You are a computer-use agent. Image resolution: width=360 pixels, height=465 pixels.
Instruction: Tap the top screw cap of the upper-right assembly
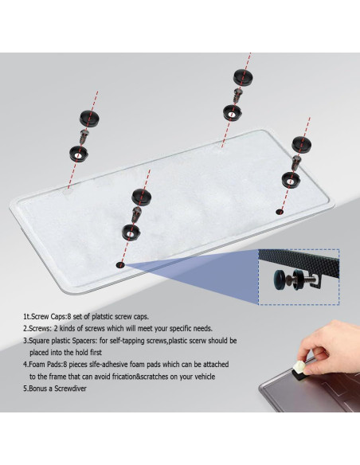click(x=241, y=77)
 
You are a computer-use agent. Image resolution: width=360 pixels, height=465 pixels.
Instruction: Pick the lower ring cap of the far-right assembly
click(x=292, y=179)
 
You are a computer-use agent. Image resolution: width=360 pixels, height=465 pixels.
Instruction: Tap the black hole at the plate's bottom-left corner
click(x=120, y=264)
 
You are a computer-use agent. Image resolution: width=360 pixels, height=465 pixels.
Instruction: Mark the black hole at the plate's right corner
click(x=278, y=211)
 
